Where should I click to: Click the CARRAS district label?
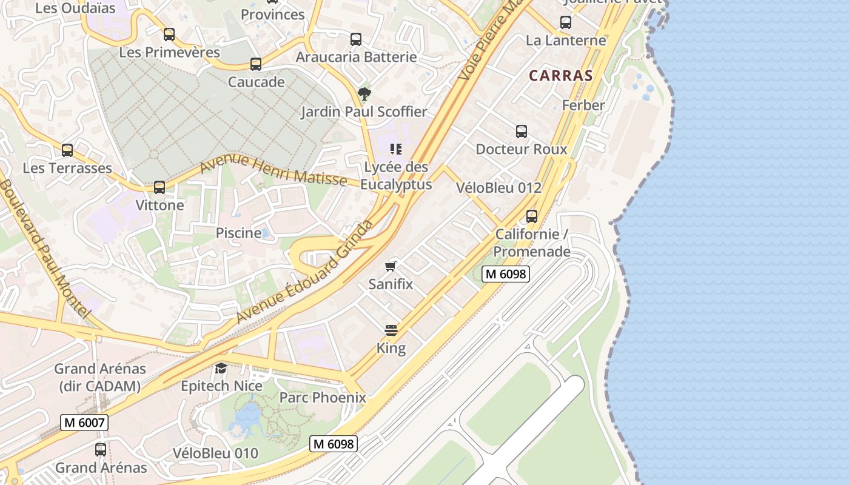point(560,76)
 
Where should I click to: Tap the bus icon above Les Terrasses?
point(67,150)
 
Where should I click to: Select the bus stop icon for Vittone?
point(159,187)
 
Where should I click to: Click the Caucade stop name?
point(256,82)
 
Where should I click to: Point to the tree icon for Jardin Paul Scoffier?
point(364,94)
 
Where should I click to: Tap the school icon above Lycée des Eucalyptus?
point(396,149)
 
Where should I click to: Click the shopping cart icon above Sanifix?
point(391,266)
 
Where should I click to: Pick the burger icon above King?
point(391,330)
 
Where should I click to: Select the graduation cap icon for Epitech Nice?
point(221,368)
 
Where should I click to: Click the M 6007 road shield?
point(84,423)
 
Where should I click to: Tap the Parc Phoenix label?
point(323,398)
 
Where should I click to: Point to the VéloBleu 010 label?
point(215,453)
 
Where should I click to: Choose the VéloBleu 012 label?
point(498,188)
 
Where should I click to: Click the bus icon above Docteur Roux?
point(521,132)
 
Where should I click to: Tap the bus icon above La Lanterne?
point(566,23)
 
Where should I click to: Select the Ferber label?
point(583,105)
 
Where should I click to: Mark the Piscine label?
point(239,233)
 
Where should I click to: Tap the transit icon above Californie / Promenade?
point(532,216)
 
